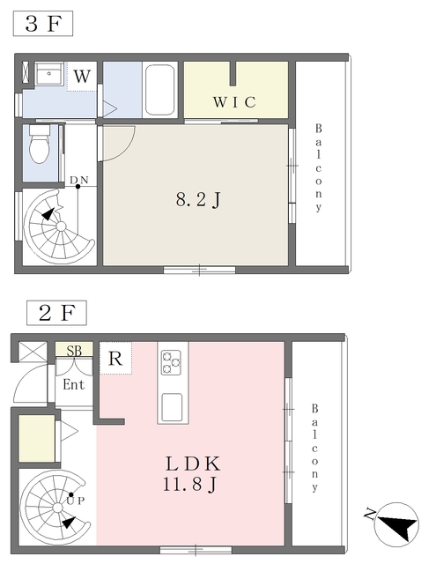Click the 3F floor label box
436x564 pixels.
(x=43, y=24)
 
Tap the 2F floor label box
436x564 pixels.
(x=56, y=313)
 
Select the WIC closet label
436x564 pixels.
(x=234, y=102)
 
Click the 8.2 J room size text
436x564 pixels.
(x=198, y=200)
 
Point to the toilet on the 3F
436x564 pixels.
(x=39, y=144)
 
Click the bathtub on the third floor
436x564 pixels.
(x=160, y=90)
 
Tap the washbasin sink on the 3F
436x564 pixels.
(x=49, y=73)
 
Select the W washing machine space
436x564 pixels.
(x=82, y=77)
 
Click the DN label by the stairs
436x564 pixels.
(x=79, y=180)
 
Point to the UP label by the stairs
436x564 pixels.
(x=76, y=501)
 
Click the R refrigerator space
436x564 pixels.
(x=115, y=359)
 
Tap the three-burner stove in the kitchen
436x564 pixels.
(x=171, y=362)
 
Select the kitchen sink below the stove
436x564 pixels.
(x=172, y=407)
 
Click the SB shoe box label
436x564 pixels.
(x=74, y=350)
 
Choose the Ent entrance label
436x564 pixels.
(x=74, y=384)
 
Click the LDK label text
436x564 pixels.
(x=193, y=464)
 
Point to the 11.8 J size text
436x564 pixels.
(x=189, y=485)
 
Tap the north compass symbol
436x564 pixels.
(x=396, y=524)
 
